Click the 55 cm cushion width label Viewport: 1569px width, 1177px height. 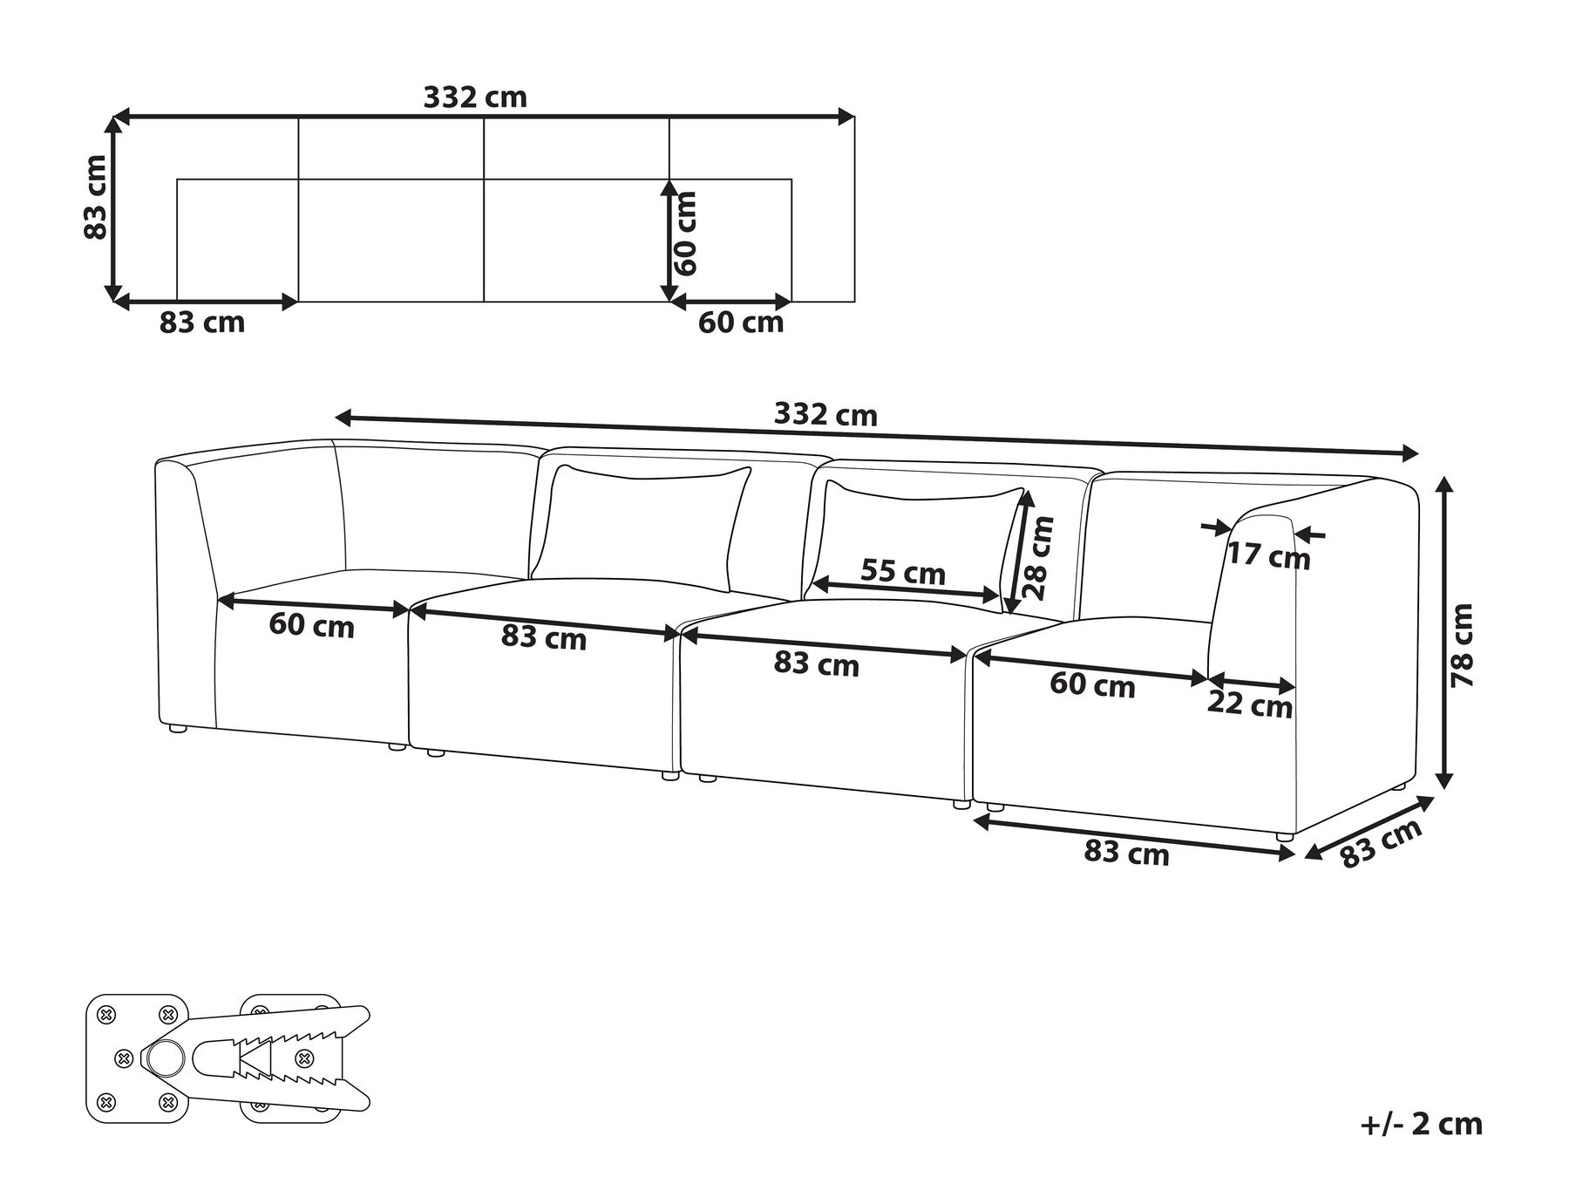point(902,572)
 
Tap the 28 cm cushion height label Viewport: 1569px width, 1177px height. point(1039,556)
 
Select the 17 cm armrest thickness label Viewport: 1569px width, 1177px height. point(1268,554)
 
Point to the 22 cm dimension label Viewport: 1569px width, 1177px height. point(1249,705)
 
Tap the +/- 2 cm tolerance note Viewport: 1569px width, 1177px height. point(1421,1123)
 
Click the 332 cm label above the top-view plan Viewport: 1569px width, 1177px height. point(475,97)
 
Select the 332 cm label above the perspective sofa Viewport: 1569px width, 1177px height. point(825,414)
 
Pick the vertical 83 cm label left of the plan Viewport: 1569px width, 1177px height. point(95,196)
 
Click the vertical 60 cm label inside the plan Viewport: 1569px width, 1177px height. point(687,233)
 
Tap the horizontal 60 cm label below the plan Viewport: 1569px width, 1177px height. point(741,323)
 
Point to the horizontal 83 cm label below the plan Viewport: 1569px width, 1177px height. point(202,323)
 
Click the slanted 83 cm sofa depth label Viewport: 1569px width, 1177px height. point(1380,843)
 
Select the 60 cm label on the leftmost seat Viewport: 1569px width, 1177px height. point(311,625)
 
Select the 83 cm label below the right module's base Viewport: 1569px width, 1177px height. point(1126,852)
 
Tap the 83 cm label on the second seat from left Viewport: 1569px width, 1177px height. point(544,638)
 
